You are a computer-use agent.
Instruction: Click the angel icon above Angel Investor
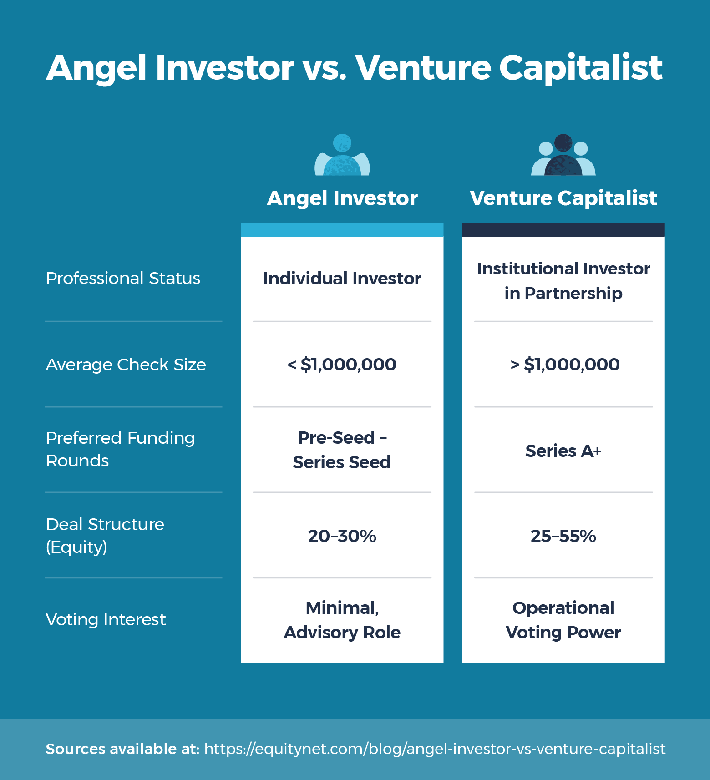(x=342, y=155)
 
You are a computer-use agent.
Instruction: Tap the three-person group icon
(x=563, y=155)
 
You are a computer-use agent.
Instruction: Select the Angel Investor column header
(x=342, y=198)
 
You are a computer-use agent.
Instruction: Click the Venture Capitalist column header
(x=563, y=198)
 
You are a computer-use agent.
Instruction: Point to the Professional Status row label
(x=123, y=278)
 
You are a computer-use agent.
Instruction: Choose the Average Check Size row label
(x=126, y=365)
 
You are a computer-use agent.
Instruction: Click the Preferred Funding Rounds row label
(x=120, y=449)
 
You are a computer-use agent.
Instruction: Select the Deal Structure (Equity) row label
(x=105, y=535)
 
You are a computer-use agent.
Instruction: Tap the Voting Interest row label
(x=106, y=619)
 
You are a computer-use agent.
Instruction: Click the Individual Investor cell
(x=342, y=279)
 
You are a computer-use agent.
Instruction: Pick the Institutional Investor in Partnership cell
(x=563, y=281)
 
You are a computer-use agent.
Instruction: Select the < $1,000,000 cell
(x=342, y=365)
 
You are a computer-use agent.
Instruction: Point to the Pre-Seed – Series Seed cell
(x=342, y=450)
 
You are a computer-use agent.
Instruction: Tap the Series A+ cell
(x=563, y=451)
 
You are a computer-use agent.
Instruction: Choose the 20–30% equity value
(x=342, y=536)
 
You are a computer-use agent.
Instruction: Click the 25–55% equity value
(x=563, y=536)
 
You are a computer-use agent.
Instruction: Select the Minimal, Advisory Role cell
(x=342, y=620)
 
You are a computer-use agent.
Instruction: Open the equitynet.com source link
(x=435, y=749)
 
